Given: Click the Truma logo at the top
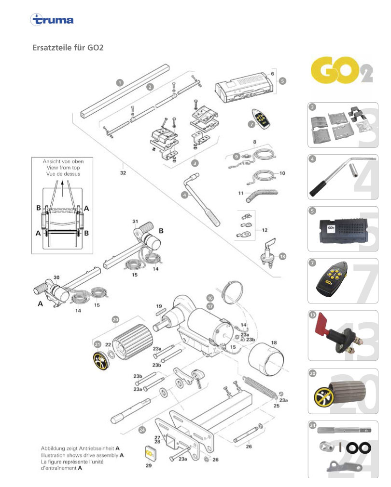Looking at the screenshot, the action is (52, 20).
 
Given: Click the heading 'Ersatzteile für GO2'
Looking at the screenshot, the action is (68, 48).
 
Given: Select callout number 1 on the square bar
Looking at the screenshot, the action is (120, 83).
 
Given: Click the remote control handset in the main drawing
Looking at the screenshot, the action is (261, 118).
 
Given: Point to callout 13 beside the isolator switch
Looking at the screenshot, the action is (282, 256).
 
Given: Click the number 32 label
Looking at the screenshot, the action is (123, 172).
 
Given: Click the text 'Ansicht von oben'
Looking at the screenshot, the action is (63, 161).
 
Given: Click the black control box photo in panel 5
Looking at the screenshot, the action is (343, 230).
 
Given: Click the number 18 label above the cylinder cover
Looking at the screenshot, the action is (274, 343).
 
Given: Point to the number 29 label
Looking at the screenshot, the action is (149, 465).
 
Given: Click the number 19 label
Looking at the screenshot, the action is (159, 306).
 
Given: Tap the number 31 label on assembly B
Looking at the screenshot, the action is (135, 222).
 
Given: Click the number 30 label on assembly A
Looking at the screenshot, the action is (56, 277).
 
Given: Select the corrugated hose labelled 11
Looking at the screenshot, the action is (262, 196).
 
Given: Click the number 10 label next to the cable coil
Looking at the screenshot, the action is (282, 173).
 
